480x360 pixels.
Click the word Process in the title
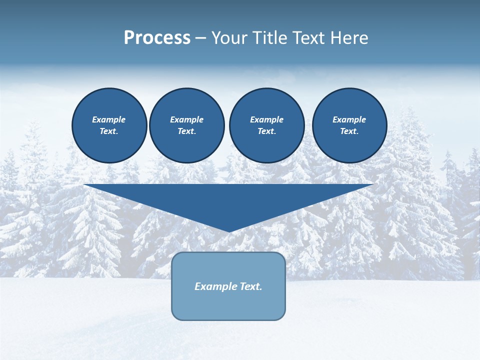click(157, 38)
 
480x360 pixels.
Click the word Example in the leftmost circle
click(109, 119)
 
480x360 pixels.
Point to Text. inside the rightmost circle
click(349, 131)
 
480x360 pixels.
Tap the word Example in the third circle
click(266, 119)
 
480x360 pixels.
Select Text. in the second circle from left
click(187, 131)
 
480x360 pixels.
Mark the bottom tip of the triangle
click(229, 231)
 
